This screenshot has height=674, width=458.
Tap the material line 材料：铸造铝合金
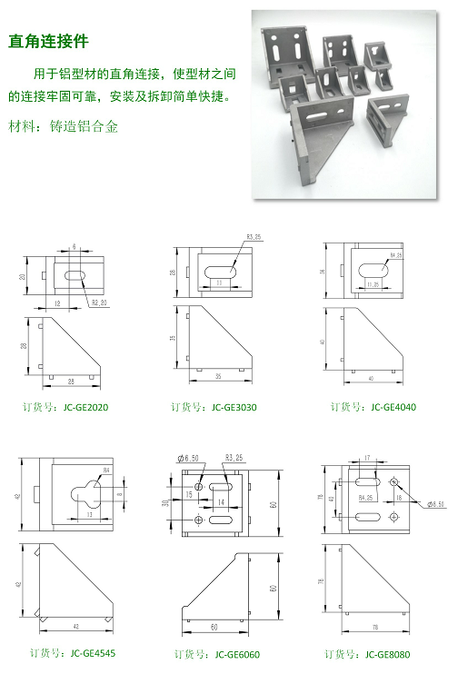63,127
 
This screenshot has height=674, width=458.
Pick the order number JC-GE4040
373,407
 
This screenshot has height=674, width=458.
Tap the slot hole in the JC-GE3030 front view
218,271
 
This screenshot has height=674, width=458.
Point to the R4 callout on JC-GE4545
106,470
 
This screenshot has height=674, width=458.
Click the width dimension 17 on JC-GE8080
365,458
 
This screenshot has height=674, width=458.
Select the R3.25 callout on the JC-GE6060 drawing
234,457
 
